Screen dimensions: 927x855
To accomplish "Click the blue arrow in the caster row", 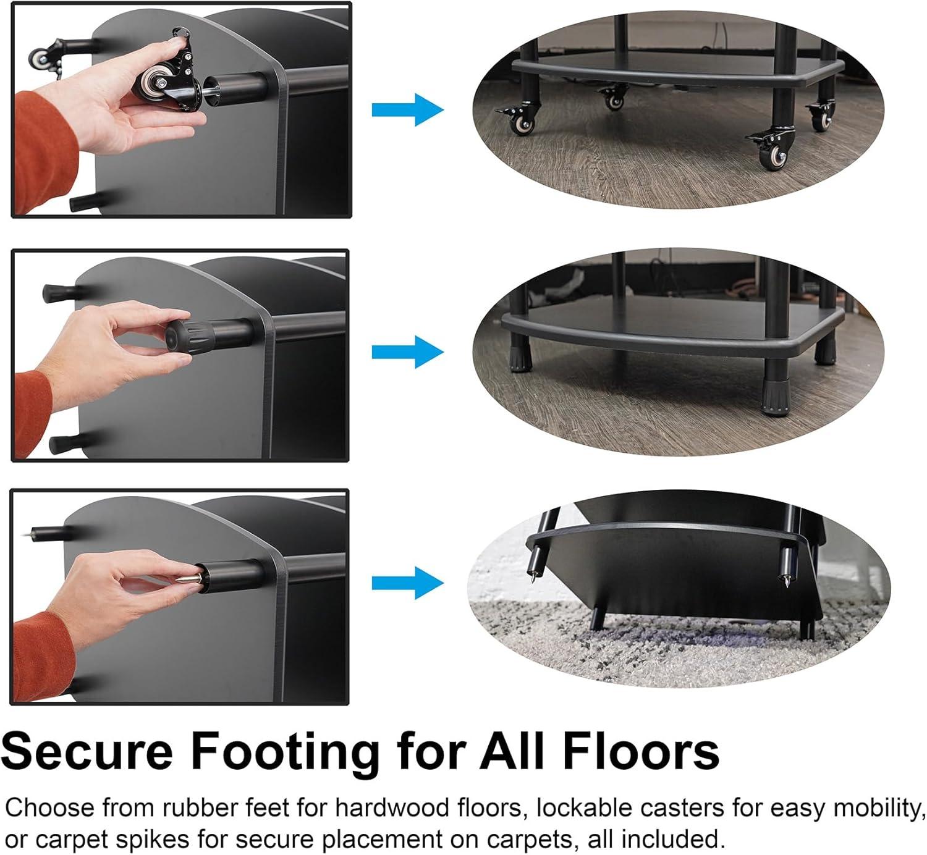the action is [x=407, y=110].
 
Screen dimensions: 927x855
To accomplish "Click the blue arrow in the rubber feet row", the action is [x=407, y=352].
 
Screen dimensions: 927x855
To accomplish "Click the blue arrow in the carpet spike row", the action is [x=407, y=583].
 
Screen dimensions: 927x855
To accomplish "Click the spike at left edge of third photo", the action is [x=45, y=531].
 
